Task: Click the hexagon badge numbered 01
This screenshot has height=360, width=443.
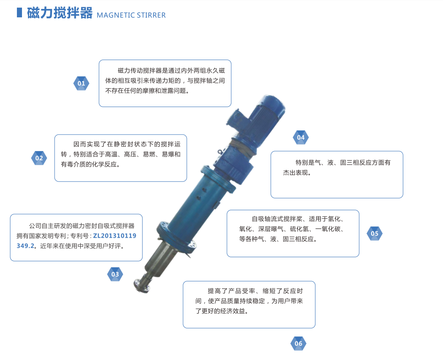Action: tap(81, 83)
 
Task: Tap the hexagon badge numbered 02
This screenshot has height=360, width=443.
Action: tap(39, 158)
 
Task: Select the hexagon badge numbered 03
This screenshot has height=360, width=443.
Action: tap(115, 274)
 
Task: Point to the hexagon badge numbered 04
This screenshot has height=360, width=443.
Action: tap(301, 137)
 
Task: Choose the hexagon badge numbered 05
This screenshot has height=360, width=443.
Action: tap(375, 234)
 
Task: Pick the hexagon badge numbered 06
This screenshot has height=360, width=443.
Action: tap(298, 344)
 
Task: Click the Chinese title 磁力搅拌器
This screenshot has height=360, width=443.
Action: tap(60, 13)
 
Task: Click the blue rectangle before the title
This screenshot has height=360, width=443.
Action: tap(19, 12)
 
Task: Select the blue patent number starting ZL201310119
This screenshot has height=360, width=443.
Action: tap(115, 236)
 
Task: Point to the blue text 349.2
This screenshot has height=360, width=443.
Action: tap(25, 246)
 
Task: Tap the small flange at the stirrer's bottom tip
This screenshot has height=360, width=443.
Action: tap(142, 286)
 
